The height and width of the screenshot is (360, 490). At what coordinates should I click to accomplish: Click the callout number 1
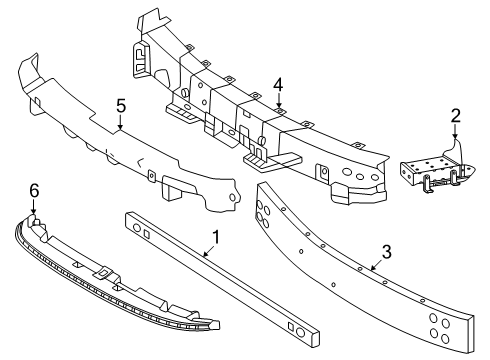coord(213,237)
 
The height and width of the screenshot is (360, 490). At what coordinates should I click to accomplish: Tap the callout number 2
coord(455,117)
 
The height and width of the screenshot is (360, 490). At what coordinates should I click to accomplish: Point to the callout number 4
coord(279,85)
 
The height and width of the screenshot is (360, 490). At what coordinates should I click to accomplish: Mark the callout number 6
coord(33,189)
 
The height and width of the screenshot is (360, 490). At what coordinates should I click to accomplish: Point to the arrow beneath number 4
coord(279,101)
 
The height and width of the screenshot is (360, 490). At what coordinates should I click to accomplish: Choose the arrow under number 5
coord(120,122)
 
